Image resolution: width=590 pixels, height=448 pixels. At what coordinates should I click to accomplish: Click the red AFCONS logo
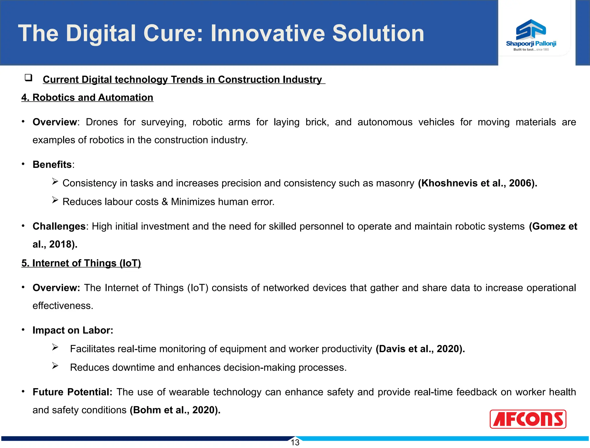[528, 419]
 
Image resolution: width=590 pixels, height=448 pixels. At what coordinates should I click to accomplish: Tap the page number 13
[295, 443]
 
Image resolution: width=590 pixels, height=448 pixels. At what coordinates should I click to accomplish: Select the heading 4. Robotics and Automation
[87, 98]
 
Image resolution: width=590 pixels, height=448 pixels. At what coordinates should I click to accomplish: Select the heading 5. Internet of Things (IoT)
[81, 263]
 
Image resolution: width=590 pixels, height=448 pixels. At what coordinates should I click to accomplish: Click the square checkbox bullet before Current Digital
[28, 78]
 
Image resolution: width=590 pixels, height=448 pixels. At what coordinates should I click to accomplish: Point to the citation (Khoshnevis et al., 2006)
[477, 183]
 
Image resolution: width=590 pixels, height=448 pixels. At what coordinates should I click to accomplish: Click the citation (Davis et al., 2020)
[420, 349]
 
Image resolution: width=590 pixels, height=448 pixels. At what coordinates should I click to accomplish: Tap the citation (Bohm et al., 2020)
[175, 410]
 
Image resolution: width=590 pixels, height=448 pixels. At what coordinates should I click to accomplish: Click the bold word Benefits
[52, 165]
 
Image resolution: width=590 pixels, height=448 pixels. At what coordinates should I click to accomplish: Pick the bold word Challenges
[59, 227]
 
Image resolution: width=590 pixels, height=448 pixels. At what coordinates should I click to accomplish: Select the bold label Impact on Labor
[73, 330]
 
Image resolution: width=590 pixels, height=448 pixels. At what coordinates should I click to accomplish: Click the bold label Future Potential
[72, 392]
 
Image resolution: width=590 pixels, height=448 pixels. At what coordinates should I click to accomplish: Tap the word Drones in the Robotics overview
[102, 122]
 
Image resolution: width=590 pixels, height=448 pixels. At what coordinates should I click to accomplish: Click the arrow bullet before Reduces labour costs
[55, 200]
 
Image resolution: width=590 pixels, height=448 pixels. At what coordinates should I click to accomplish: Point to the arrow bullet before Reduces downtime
[55, 366]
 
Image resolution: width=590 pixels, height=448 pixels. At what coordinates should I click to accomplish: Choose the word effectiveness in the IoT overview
[63, 306]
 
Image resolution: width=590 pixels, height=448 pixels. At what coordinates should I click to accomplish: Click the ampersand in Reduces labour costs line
[164, 202]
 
